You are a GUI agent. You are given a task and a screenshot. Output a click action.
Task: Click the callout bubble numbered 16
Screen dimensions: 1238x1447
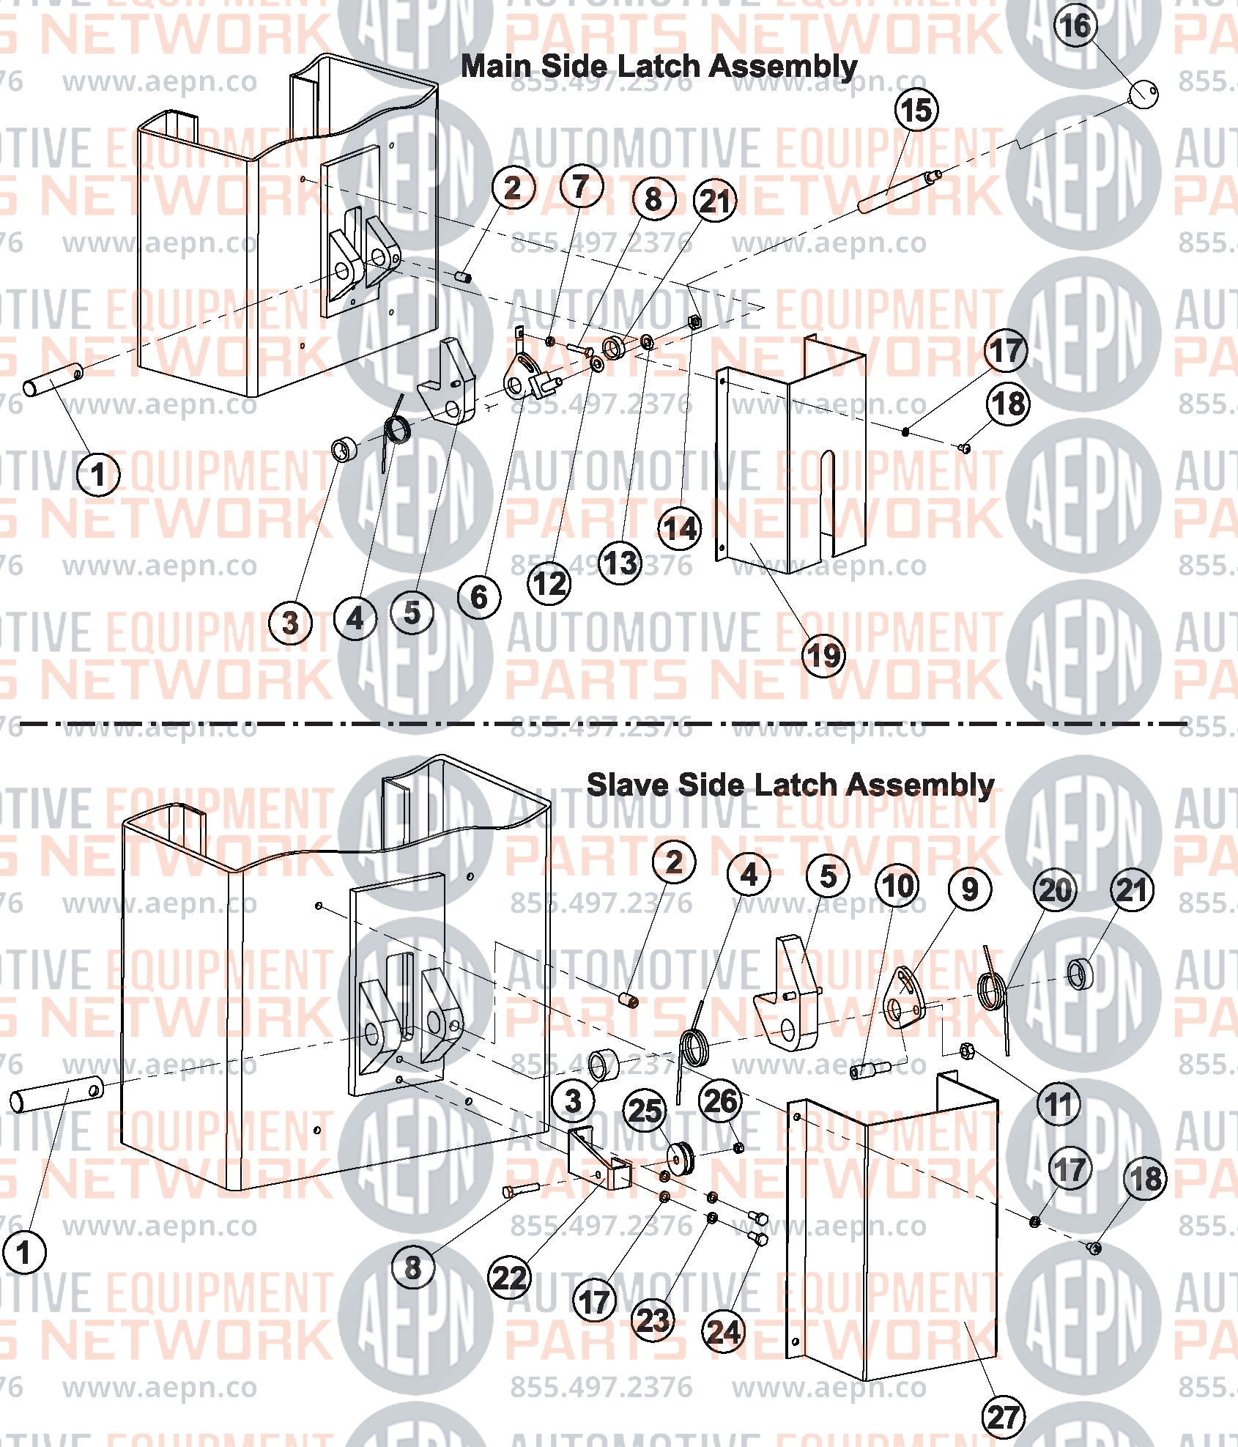tap(1075, 26)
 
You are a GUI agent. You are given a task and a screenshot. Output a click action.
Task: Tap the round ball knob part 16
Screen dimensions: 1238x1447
tap(1143, 93)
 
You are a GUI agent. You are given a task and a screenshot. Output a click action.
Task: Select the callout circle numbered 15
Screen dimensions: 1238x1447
tap(916, 111)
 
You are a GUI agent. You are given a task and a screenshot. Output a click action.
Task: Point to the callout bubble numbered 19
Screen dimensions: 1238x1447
tap(823, 656)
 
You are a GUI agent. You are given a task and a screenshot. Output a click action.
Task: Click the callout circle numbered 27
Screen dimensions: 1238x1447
tap(1004, 1417)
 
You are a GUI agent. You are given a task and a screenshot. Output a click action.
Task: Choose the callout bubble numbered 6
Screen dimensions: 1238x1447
tap(479, 597)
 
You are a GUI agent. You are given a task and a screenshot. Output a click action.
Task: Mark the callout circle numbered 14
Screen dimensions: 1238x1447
tap(680, 529)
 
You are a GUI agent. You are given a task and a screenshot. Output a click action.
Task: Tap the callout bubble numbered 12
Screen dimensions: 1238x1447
tap(549, 584)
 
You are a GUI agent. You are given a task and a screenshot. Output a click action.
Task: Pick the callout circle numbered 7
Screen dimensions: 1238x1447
tap(582, 186)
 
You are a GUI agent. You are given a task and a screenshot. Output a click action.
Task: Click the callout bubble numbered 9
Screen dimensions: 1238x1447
tap(970, 889)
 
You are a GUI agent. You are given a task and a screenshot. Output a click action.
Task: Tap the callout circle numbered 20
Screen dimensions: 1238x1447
tap(1055, 890)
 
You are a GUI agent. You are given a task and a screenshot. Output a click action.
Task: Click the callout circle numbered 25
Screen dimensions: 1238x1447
tap(645, 1111)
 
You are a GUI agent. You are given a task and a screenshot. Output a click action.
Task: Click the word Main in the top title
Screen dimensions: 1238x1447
tap(498, 67)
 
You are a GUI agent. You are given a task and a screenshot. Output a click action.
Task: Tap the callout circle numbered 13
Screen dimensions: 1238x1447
tap(621, 563)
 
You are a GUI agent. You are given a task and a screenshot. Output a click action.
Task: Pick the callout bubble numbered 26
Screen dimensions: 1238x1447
tap(721, 1101)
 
